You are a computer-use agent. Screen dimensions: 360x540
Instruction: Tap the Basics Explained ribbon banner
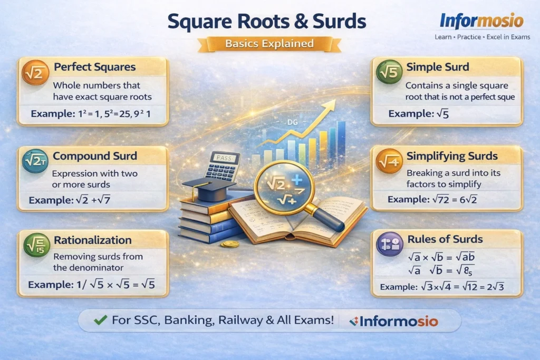269,43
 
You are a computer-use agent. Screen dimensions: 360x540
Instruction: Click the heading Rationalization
92,240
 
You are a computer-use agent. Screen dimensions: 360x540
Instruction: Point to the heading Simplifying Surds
452,156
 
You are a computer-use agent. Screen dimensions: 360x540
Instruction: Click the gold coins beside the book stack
230,244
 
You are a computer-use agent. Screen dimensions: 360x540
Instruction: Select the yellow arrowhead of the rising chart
330,105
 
